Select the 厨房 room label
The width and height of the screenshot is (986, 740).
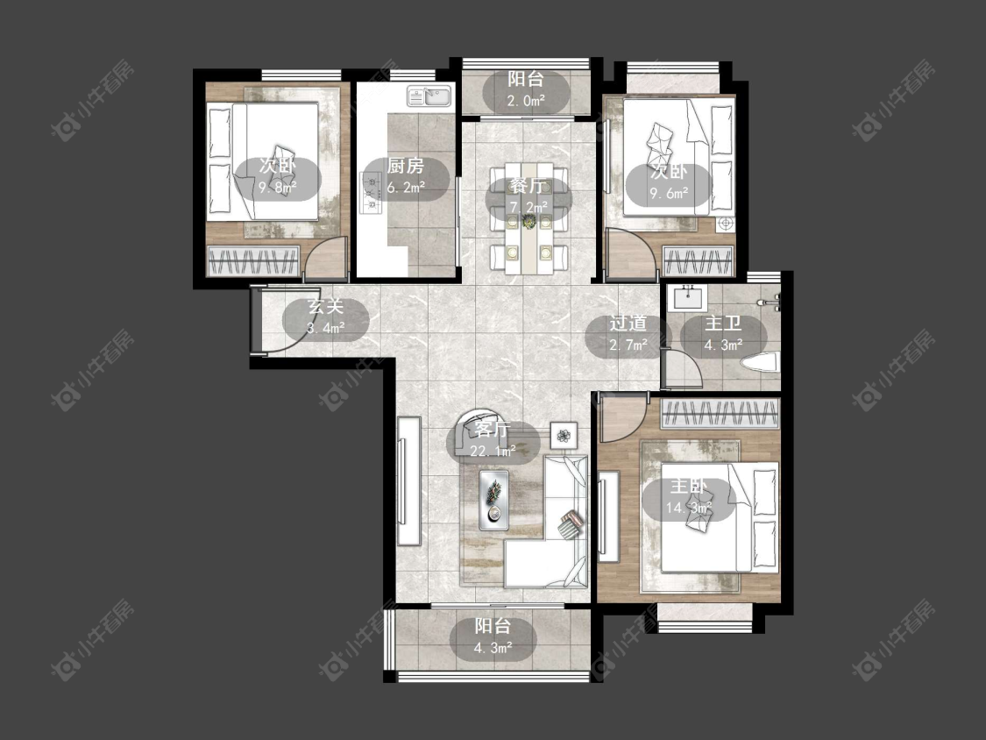[405, 166]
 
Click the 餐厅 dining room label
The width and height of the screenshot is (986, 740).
[527, 186]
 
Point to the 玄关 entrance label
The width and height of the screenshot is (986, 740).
[325, 307]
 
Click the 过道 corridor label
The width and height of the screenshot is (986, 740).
[628, 324]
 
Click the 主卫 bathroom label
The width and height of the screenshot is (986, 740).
[722, 324]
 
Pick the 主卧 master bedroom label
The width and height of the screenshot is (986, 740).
[689, 487]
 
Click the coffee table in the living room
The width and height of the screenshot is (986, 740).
[493, 500]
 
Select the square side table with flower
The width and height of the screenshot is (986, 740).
[564, 433]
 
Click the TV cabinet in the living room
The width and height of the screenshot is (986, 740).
[408, 481]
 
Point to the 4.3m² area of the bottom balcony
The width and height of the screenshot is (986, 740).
[492, 647]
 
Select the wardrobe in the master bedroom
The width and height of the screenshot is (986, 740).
[720, 414]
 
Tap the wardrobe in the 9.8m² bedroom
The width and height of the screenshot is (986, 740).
[252, 261]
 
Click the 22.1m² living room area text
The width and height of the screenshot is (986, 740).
[493, 451]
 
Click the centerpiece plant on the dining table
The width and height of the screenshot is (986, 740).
[528, 219]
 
